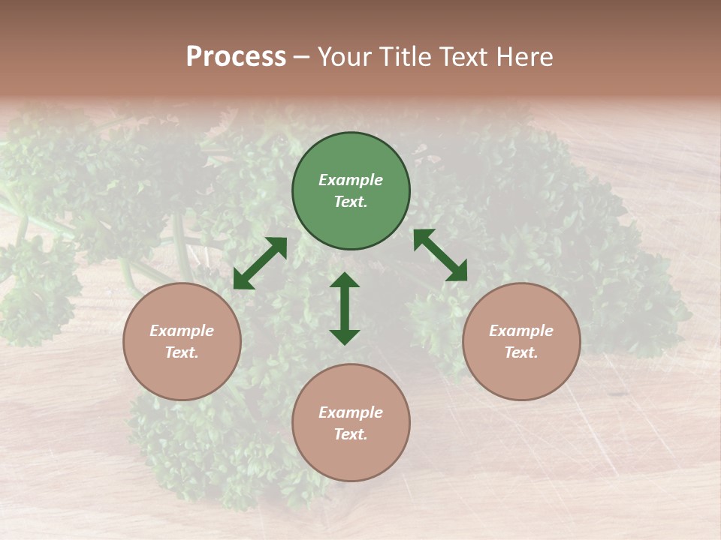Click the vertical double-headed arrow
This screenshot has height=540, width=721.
pyautogui.click(x=345, y=308)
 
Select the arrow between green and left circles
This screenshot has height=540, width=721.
pyautogui.click(x=260, y=263)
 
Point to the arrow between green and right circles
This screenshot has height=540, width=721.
pyautogui.click(x=440, y=256)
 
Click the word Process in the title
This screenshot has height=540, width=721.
pyautogui.click(x=236, y=57)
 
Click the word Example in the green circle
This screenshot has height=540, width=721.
pyautogui.click(x=351, y=180)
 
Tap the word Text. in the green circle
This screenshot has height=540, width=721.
pyautogui.click(x=351, y=202)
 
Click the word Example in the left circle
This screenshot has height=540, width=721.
pyautogui.click(x=182, y=331)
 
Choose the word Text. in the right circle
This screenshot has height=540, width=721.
pyautogui.click(x=521, y=352)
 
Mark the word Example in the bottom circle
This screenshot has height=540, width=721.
pyautogui.click(x=351, y=412)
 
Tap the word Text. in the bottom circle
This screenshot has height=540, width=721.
pyautogui.click(x=351, y=434)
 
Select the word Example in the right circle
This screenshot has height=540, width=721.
pyautogui.click(x=521, y=331)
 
